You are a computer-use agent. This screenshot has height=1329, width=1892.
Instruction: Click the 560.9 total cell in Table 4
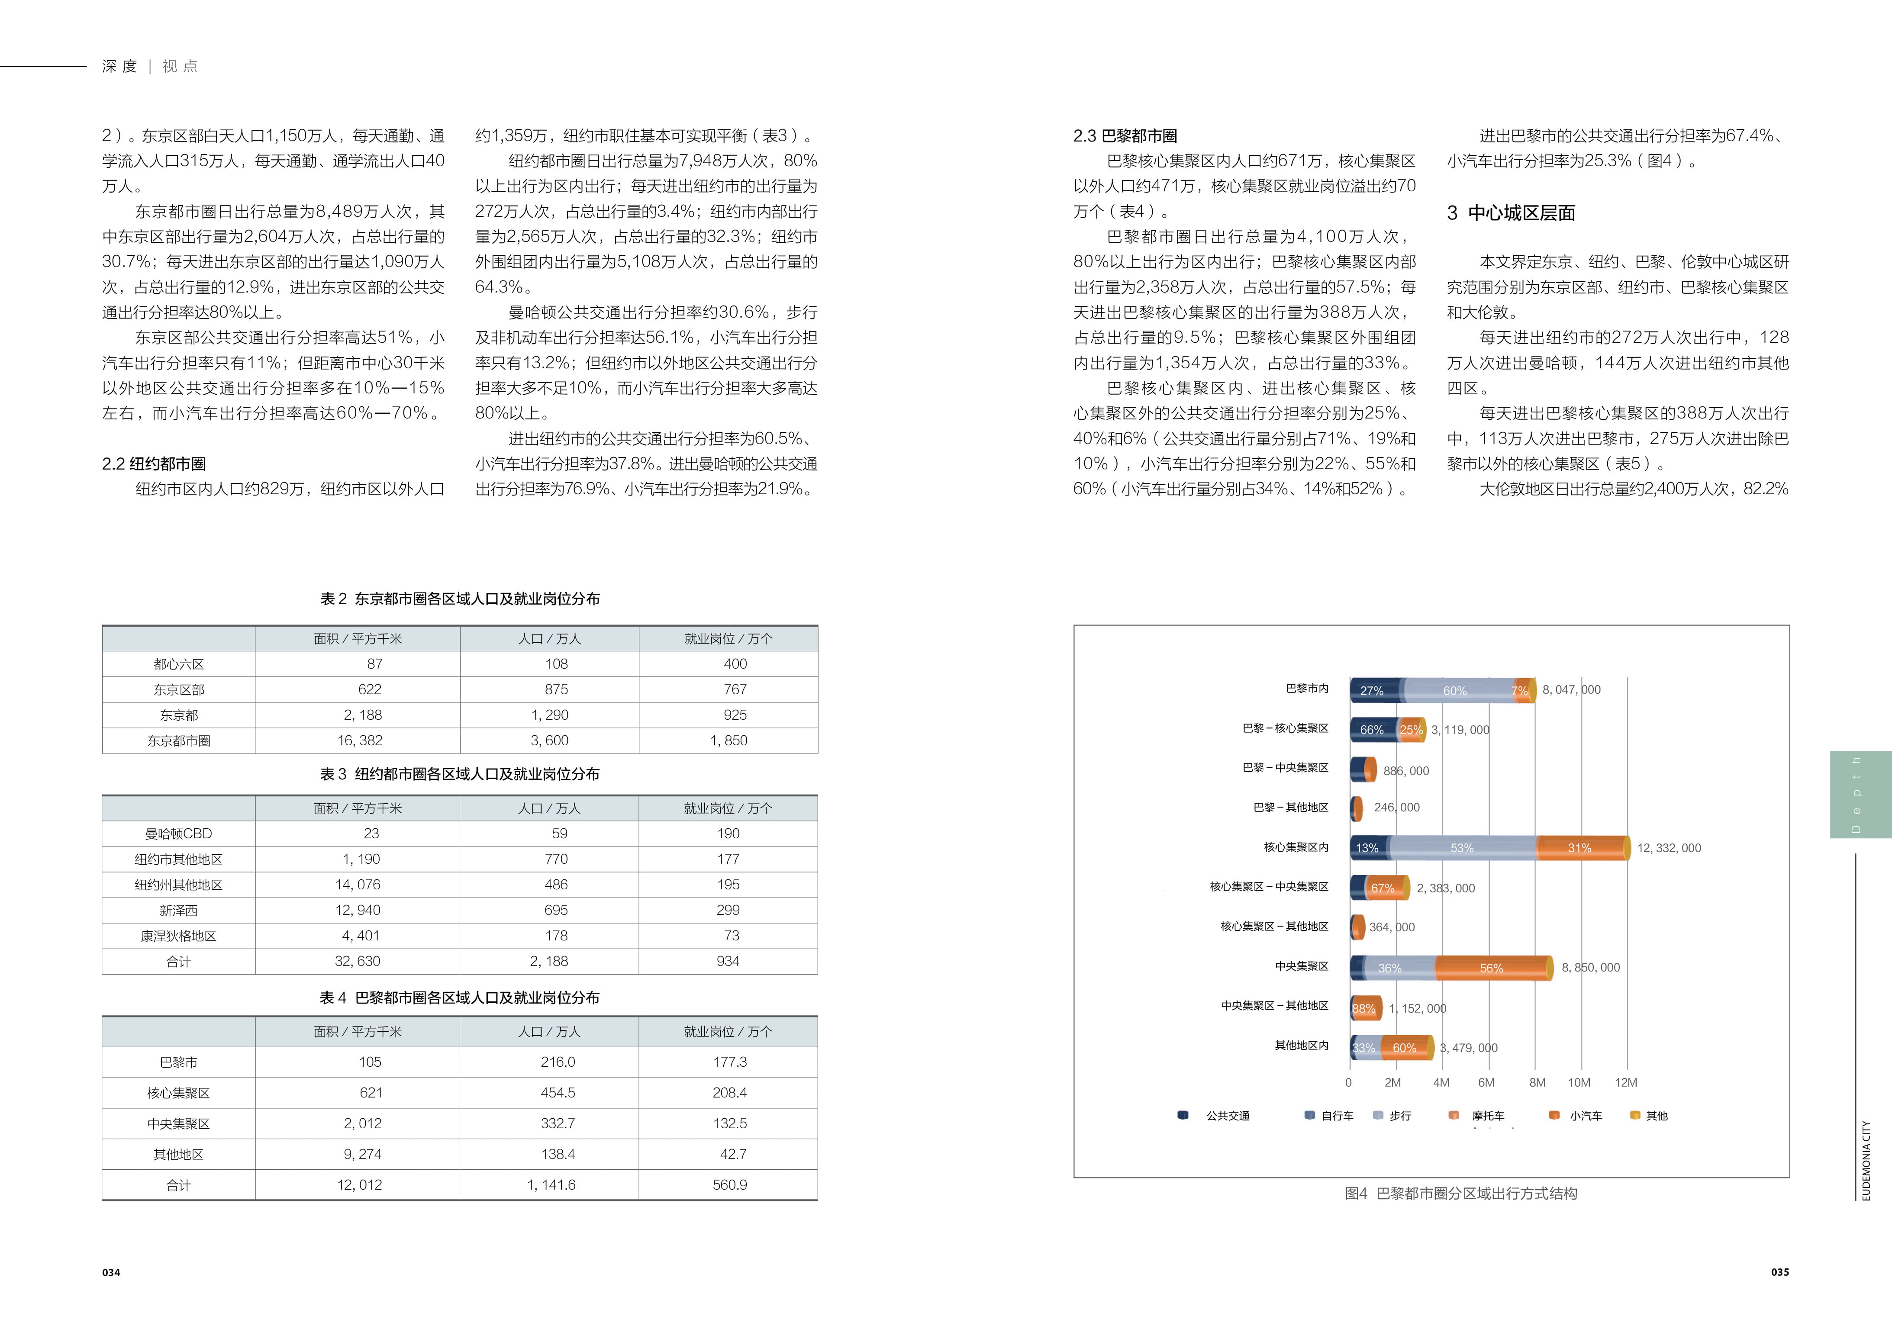point(729,1185)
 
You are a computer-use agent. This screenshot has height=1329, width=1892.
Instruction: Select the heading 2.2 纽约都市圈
point(154,464)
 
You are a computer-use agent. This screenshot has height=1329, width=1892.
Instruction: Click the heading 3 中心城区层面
point(1511,213)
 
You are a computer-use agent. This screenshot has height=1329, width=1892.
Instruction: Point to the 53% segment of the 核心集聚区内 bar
point(1462,848)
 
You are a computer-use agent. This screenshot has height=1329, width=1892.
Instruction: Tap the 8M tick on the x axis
point(1537,1083)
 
